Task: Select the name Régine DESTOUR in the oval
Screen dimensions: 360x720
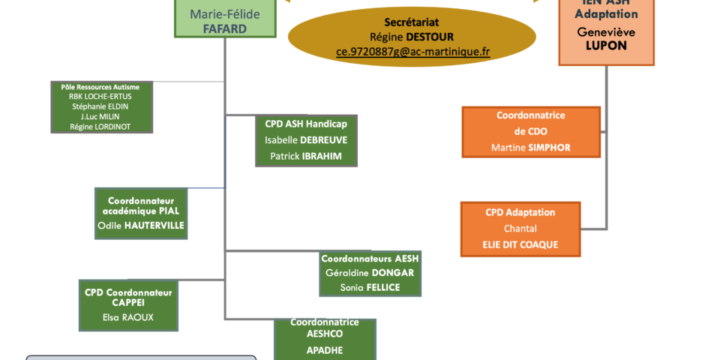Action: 412,37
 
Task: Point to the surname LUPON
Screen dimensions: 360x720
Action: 606,46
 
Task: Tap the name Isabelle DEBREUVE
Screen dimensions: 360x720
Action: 306,139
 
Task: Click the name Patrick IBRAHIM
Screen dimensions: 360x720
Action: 306,156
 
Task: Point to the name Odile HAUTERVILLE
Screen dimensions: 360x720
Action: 141,225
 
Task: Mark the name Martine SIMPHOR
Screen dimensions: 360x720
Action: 531,148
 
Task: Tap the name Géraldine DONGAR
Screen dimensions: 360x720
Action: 370,273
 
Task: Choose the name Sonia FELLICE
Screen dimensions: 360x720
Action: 370,287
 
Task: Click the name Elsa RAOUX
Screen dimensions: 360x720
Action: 128,317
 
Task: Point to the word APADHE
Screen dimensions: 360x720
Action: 324,349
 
